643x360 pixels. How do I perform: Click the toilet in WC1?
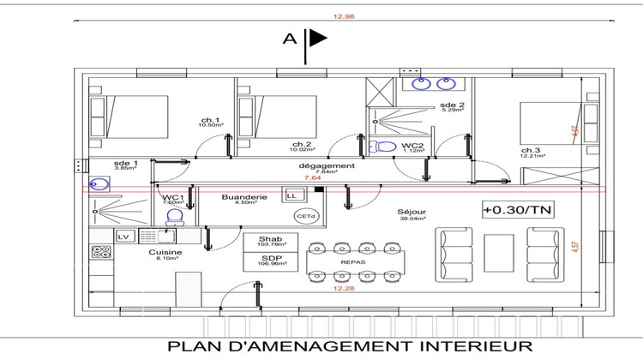tap(175, 216)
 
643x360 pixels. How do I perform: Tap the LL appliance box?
tap(291, 196)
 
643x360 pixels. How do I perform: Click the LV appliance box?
tap(123, 235)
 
